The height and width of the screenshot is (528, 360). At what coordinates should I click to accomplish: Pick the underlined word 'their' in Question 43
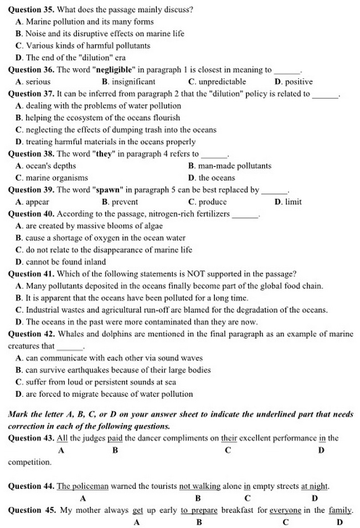point(229,438)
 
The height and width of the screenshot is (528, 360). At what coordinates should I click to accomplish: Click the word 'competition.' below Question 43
point(29,462)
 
